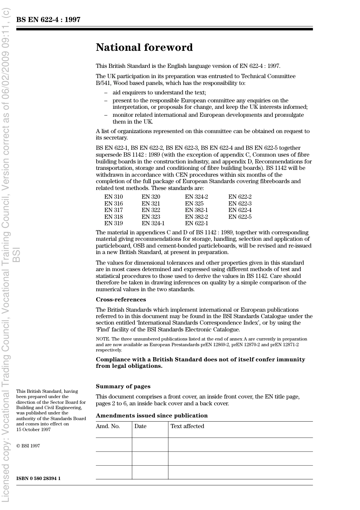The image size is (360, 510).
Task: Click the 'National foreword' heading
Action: (x=144, y=47)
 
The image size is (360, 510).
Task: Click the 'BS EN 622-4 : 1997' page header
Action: (x=48, y=20)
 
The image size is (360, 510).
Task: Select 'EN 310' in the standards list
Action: (x=113, y=197)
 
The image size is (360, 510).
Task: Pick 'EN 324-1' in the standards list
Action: (x=153, y=223)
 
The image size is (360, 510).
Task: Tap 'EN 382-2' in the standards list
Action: (x=196, y=217)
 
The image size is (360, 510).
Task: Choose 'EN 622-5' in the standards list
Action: (x=240, y=217)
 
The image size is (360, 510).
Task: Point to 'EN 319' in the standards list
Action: (x=113, y=223)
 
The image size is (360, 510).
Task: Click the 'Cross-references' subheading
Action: (x=121, y=300)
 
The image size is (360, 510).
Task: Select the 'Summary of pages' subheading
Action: (x=123, y=386)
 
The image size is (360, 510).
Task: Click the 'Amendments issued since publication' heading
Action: (x=152, y=416)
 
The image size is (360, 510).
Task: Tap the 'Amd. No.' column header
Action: (x=108, y=426)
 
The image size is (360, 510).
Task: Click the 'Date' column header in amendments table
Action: (x=140, y=426)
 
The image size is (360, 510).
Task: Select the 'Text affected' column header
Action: (x=187, y=426)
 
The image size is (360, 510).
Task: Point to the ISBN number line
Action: (x=38, y=478)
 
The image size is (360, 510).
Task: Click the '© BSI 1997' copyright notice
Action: (x=28, y=446)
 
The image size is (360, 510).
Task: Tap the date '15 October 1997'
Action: (x=33, y=430)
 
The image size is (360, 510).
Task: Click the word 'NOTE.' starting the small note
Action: (x=103, y=339)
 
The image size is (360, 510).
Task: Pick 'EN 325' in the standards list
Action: (x=194, y=204)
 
